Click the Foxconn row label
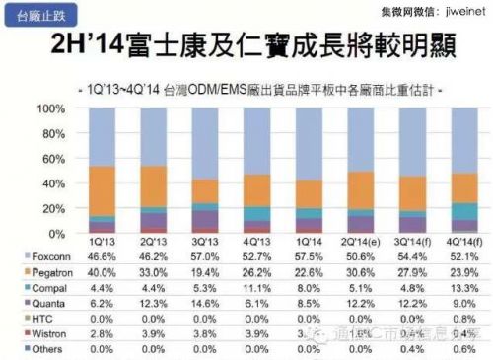40,254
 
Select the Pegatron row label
41,270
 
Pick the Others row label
36,348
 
